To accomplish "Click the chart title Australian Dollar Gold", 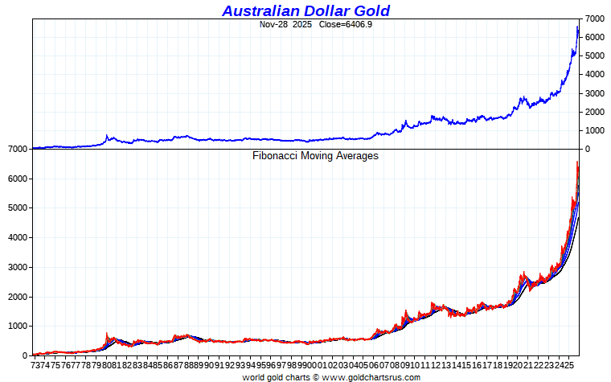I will coord(305,10).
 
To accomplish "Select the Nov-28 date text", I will coord(273,24).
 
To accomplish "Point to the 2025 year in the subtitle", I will coord(302,24).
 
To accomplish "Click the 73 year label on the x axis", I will coord(36,364).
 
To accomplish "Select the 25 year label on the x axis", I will coord(572,364).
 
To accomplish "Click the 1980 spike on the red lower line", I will coord(107,334).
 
